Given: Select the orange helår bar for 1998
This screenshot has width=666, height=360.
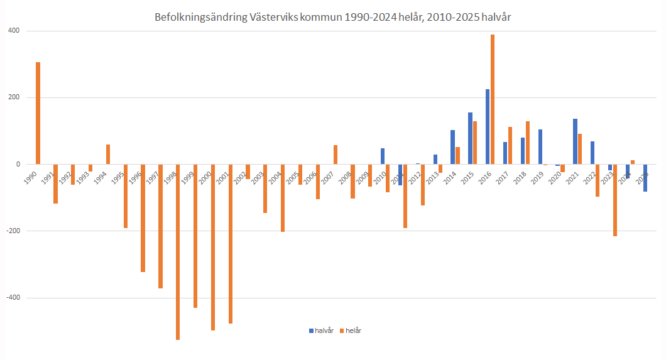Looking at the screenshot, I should [178, 251].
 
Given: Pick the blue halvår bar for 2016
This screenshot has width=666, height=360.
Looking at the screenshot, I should [488, 126].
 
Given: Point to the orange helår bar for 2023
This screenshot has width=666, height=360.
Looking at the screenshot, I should [615, 200].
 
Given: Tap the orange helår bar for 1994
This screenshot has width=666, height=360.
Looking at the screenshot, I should [108, 155].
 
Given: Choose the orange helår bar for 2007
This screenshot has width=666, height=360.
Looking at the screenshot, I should [336, 155].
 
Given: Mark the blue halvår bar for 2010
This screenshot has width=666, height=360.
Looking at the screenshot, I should [383, 156].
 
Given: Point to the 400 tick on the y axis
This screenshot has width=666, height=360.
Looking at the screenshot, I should [14, 31].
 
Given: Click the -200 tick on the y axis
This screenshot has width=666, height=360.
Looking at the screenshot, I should [13, 231].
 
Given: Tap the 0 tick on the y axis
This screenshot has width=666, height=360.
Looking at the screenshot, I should [18, 164].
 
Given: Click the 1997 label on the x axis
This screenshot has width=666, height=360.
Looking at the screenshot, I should [152, 177].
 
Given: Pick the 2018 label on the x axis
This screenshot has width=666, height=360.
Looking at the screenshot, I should [520, 177].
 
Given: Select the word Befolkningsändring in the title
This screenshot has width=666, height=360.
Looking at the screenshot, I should [199, 18].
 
